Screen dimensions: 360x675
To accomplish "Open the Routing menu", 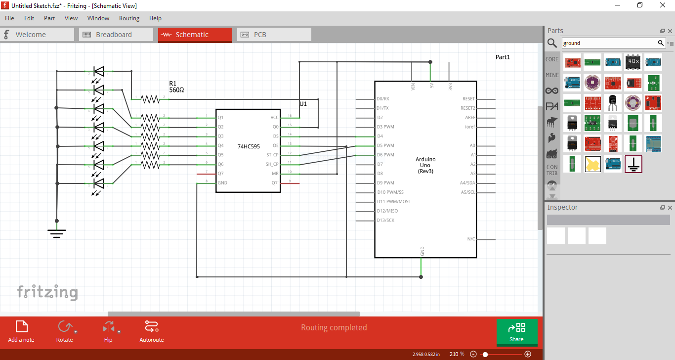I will [129, 18].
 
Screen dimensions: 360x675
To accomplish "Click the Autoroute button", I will [151, 331].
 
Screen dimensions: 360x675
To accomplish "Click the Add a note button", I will [21, 331].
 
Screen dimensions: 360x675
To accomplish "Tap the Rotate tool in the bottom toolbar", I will [64, 331].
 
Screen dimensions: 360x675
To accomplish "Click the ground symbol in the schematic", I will [57, 233].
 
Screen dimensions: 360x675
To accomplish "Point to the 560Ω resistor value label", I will [176, 90].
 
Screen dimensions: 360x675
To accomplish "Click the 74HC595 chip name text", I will [249, 146].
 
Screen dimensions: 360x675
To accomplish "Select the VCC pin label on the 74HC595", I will [275, 118].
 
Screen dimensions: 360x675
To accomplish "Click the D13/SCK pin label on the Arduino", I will [386, 221].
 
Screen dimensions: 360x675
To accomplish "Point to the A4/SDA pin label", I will [467, 183].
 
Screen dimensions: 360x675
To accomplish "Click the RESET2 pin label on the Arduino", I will [467, 108].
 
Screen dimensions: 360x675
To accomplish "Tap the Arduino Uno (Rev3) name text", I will [425, 165].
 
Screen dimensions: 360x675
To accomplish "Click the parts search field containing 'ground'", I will [609, 43].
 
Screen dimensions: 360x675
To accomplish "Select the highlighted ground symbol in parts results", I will [633, 164].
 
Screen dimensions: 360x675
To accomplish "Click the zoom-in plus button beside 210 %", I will [528, 354].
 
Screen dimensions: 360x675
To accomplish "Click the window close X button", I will [662, 5].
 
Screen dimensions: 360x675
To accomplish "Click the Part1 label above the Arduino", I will [503, 57].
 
